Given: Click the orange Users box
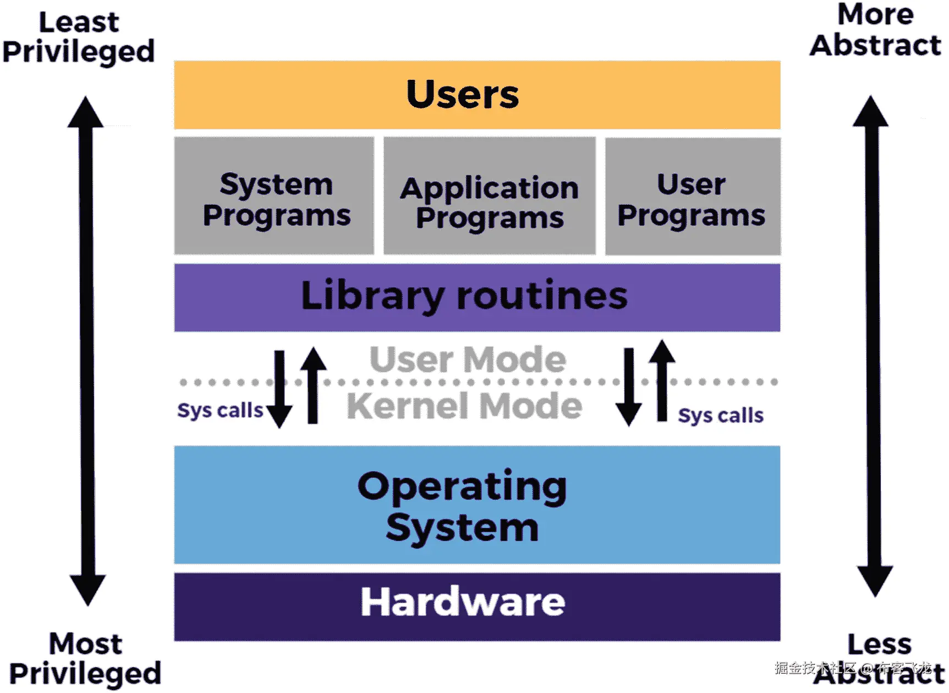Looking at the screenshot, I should coord(476,95).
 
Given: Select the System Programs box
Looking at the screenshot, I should coord(275,197).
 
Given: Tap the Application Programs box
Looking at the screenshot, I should coord(489,197).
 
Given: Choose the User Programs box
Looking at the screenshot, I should coord(692,197).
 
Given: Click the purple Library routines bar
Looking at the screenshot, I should coord(476,297).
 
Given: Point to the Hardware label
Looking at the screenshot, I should coord(463,602).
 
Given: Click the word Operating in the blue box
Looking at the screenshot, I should coord(462,487).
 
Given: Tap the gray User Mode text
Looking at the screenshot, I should coord(468,359).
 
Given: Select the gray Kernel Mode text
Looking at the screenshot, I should coord(464,406).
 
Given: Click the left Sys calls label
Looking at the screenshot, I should coord(220,411).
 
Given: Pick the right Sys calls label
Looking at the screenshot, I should coord(720,416).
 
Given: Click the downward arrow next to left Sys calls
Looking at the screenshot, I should coord(279,391).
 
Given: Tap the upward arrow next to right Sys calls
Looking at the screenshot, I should coord(662,380).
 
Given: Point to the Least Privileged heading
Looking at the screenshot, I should coord(79,37).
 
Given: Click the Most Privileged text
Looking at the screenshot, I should coord(85,659).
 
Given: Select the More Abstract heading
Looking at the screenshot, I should coord(875,30).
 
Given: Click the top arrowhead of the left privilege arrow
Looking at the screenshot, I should coord(85,113).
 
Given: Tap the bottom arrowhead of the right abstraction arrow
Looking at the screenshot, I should coord(875,581).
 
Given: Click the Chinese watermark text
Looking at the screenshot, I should coord(853,668).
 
